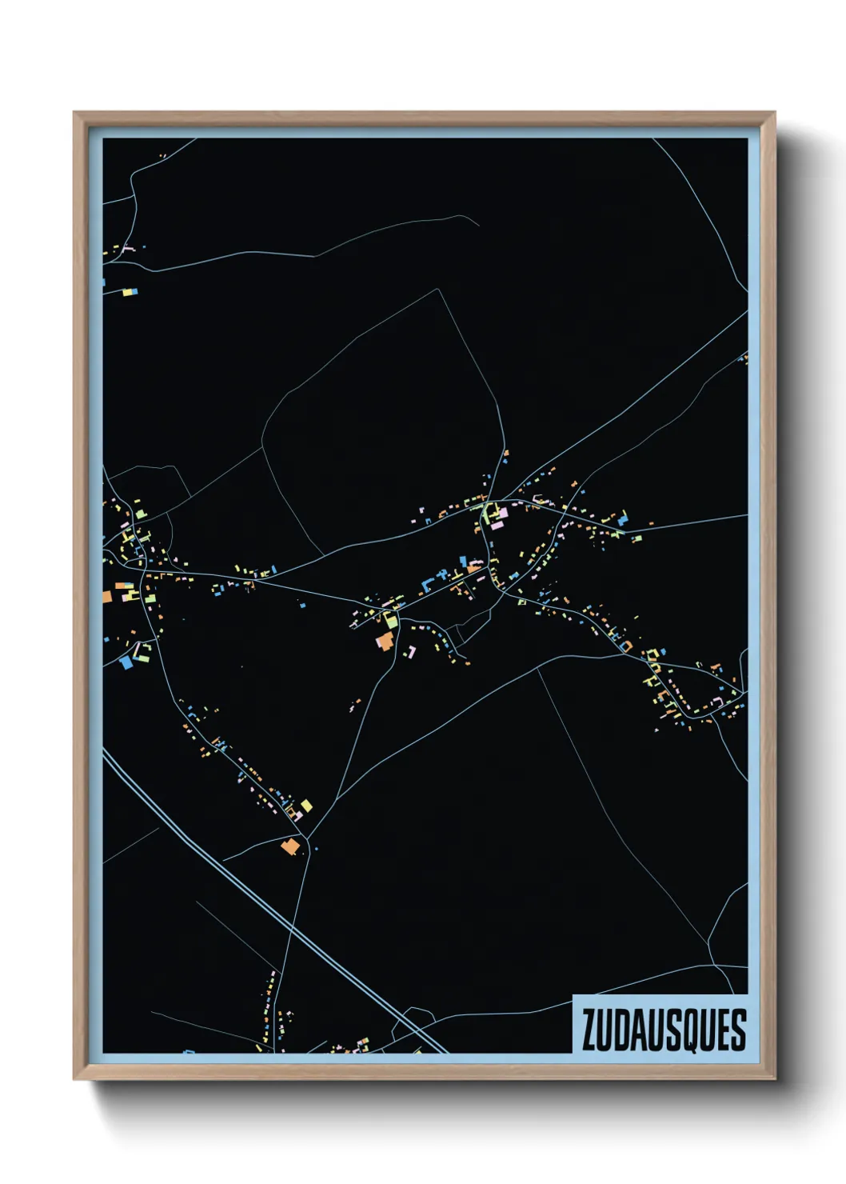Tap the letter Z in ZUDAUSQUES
tap(589, 1030)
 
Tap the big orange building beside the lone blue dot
tap(290, 846)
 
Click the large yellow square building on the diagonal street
tap(305, 805)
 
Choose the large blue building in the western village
tap(126, 662)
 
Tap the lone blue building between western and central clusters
tap(303, 604)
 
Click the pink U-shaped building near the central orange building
tap(412, 651)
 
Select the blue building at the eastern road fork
tap(622, 518)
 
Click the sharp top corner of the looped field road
tap(438, 290)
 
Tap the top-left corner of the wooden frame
tap(74, 113)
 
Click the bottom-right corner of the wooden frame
tap(774, 1079)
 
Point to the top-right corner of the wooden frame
tap(774, 113)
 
